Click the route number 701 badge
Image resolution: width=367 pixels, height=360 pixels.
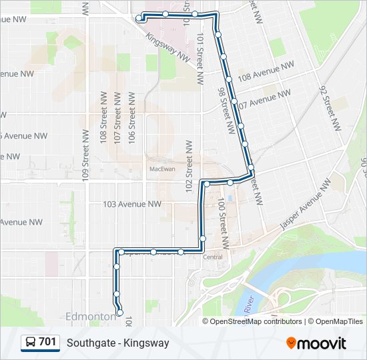click(x=40, y=342)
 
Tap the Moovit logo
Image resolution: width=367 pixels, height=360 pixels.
click(x=316, y=343)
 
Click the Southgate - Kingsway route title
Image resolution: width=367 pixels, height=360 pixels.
click(x=117, y=343)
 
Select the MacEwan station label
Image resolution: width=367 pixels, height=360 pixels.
click(x=162, y=169)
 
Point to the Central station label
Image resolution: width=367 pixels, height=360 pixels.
click(x=212, y=257)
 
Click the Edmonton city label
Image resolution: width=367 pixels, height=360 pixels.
click(x=91, y=315)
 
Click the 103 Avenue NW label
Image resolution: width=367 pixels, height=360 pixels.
click(x=133, y=204)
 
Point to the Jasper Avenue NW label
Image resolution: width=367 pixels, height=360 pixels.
click(x=306, y=204)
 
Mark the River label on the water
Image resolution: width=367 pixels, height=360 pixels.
click(x=249, y=306)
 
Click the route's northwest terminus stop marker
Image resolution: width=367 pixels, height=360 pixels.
click(x=139, y=19)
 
